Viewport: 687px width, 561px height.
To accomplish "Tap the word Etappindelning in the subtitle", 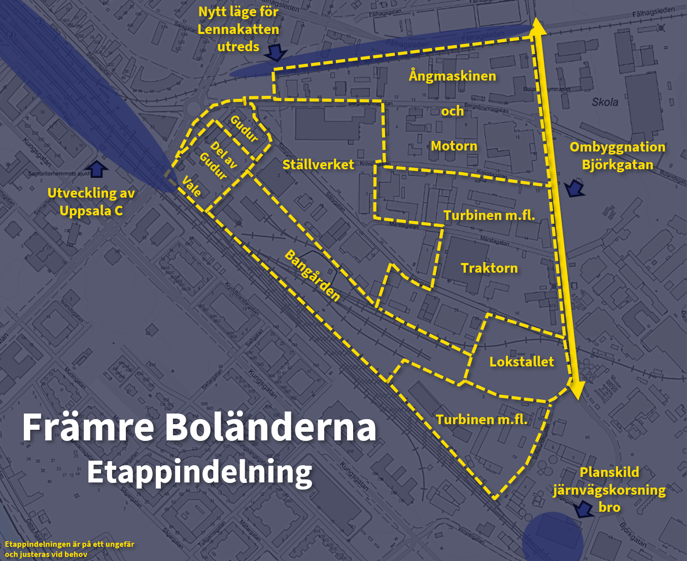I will tap(199, 472).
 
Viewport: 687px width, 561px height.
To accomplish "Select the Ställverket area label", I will tap(318, 164).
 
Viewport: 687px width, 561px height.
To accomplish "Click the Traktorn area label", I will tap(489, 268).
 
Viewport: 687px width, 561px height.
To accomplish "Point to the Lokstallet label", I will tap(522, 361).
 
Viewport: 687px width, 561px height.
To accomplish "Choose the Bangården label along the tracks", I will tap(312, 276).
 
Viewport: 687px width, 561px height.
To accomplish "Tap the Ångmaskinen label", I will tap(453, 76).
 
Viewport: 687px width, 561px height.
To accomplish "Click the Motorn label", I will tap(454, 146).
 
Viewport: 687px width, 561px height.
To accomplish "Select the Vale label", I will tap(192, 186).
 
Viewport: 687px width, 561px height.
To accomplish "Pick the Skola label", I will tap(605, 102).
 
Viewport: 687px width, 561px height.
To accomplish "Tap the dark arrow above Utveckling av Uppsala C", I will tap(96, 169).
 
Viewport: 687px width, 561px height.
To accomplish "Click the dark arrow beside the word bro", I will tap(582, 508).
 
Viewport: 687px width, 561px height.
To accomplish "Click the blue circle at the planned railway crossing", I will tap(553, 538).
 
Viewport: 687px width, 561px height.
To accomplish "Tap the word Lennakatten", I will tap(238, 29).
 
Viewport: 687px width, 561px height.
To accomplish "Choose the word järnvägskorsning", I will tap(609, 490).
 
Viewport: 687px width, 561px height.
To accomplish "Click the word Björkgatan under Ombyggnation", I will tap(617, 165).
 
